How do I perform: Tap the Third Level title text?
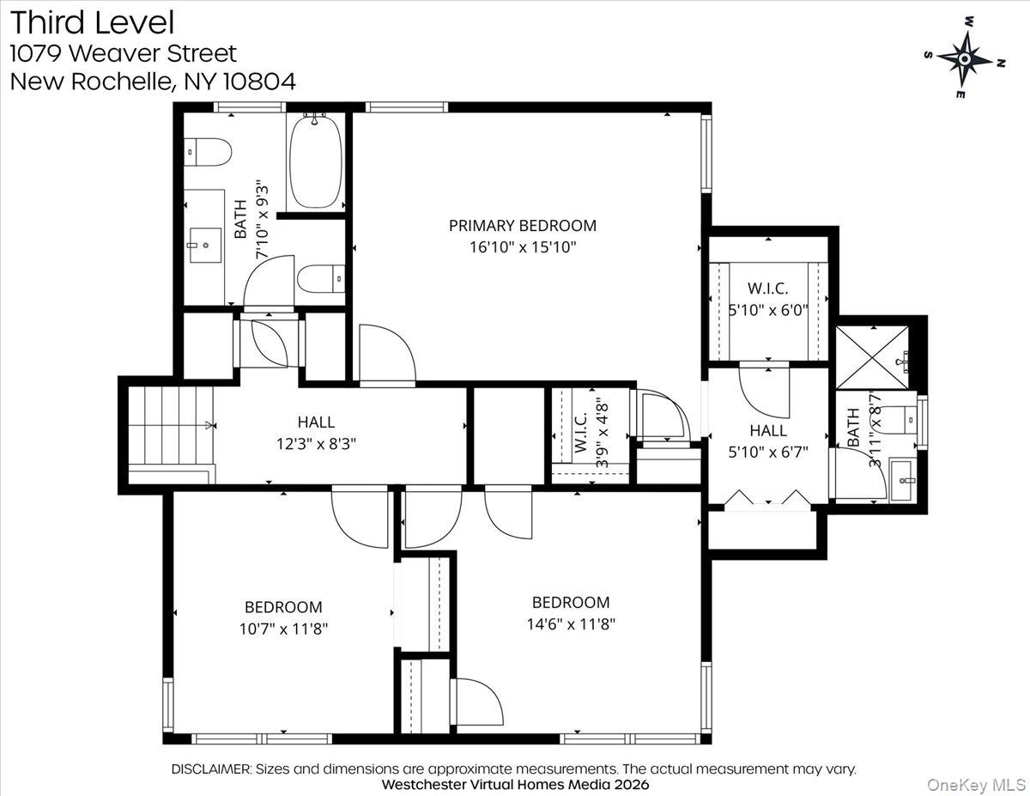pos(93,22)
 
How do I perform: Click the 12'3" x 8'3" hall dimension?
pos(316,444)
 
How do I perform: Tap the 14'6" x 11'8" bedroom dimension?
pos(571,624)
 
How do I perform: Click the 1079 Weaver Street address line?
pos(123,53)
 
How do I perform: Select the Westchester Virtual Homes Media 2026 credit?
pos(515,784)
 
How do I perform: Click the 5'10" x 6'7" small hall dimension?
pos(767,452)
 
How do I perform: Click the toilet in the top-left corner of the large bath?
pos(209,153)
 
